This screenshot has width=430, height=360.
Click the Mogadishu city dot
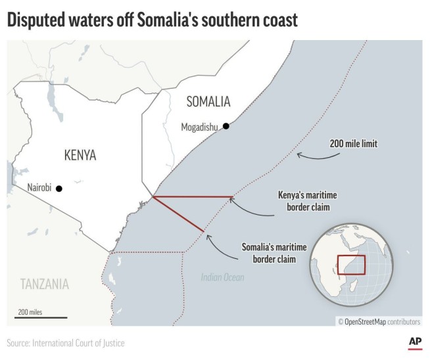click(x=226, y=126)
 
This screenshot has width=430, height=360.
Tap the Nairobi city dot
click(x=59, y=189)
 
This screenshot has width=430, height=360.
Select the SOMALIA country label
click(x=208, y=101)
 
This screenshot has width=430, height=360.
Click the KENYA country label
click(x=80, y=155)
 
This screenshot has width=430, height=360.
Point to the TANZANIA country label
click(x=44, y=284)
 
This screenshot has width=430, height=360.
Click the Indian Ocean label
click(x=222, y=278)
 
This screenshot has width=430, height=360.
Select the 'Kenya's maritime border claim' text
click(x=303, y=201)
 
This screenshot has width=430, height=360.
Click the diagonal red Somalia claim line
click(x=178, y=214)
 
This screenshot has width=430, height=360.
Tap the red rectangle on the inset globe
click(x=350, y=265)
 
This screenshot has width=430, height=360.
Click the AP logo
click(x=414, y=342)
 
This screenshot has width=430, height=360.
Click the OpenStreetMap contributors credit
click(x=379, y=321)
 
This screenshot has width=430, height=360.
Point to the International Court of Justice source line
click(x=66, y=343)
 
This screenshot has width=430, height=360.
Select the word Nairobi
click(x=39, y=188)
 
